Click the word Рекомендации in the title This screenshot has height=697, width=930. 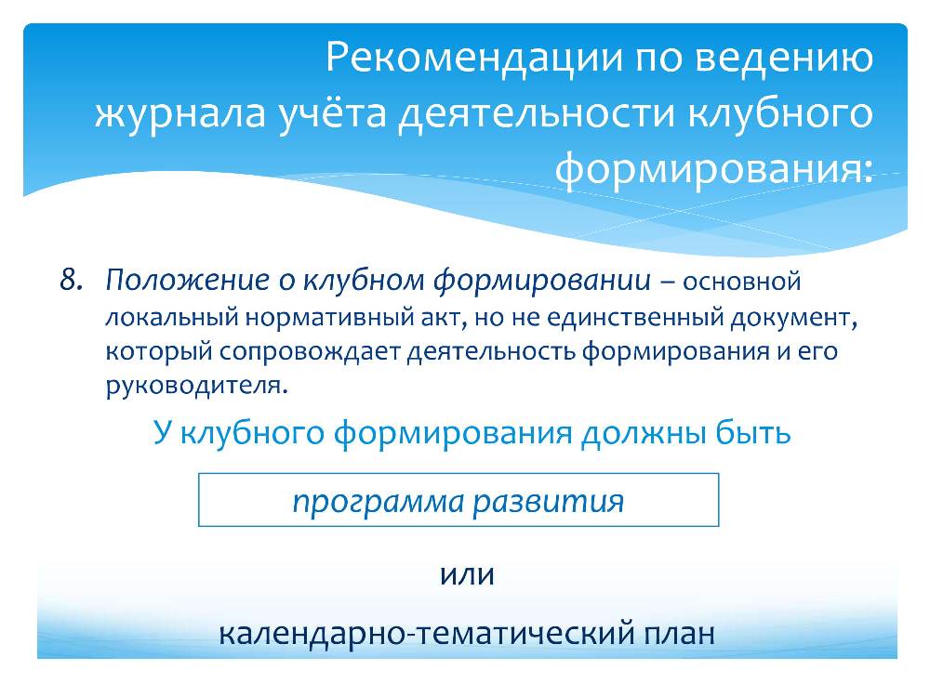pos(475,58)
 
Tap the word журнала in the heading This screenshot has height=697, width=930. pos(180,113)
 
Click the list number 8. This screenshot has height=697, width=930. pos(71,280)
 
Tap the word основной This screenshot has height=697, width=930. pos(741,282)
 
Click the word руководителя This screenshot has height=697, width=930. pos(196,387)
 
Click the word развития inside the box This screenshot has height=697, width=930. pos(549,502)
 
